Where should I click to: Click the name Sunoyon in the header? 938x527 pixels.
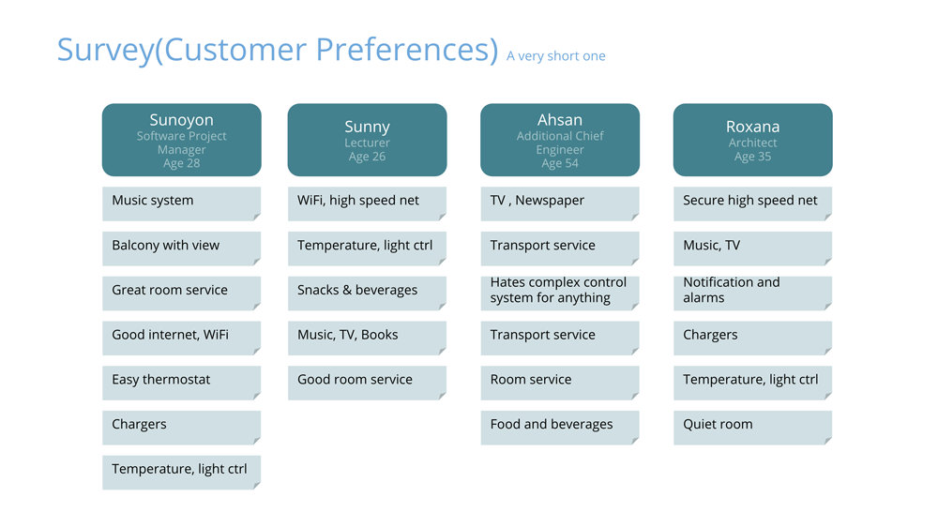point(181,120)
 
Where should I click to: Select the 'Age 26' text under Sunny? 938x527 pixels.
point(368,157)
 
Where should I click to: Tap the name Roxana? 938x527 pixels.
point(752,127)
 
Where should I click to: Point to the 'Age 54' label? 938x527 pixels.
point(560,163)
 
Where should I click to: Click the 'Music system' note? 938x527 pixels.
point(181,203)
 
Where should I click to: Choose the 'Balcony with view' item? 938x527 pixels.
point(181,248)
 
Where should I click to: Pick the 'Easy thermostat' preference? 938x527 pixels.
point(181,383)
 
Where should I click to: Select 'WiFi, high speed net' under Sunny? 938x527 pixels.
point(368,203)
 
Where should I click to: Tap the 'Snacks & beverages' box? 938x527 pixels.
point(368,294)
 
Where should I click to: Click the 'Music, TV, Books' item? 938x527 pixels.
point(368,338)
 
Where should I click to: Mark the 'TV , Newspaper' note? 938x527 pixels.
point(560,203)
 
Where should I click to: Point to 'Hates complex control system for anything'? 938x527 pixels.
point(560,294)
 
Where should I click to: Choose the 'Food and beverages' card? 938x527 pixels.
point(560,428)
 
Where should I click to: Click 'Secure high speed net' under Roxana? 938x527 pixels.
point(752,203)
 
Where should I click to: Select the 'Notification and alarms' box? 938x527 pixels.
point(752,294)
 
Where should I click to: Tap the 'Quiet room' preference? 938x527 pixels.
point(752,428)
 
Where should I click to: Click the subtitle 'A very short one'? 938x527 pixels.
point(555,56)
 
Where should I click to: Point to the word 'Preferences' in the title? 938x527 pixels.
point(407,49)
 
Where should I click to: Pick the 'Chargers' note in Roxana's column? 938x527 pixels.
point(752,338)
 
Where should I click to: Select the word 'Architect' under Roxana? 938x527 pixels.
point(752,143)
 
